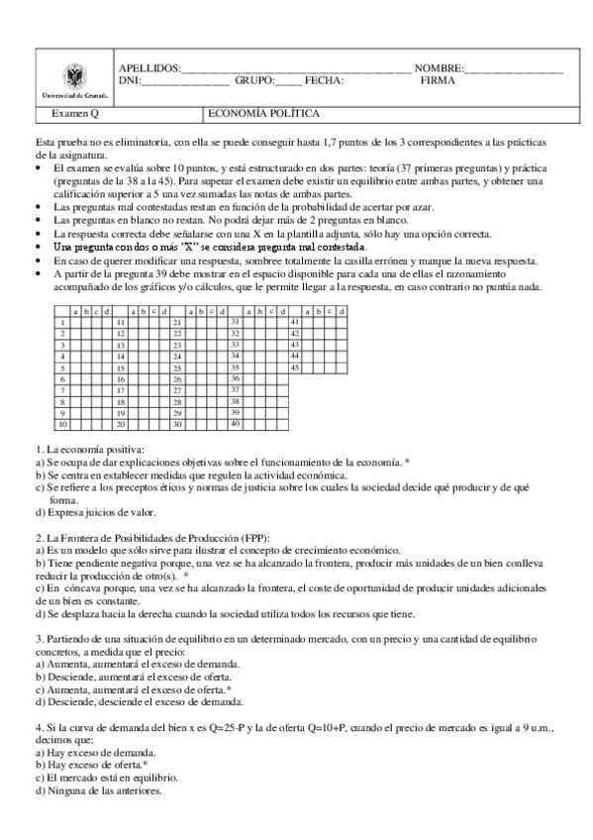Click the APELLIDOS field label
pos(149,67)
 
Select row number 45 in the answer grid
pos(294,367)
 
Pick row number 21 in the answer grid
pos(177,322)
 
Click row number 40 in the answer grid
pos(236,424)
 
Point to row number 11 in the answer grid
pos(120,322)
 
